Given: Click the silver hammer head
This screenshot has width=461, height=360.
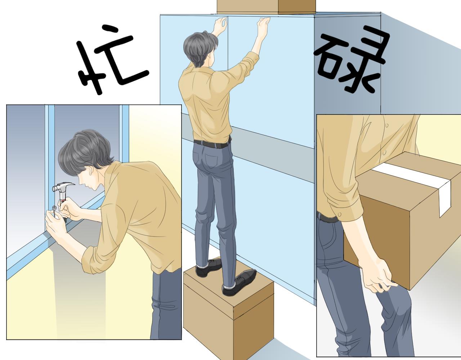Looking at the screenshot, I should (62, 187).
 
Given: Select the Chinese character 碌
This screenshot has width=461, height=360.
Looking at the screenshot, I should (348, 59).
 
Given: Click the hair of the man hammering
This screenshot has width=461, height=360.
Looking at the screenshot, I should (86, 151).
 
